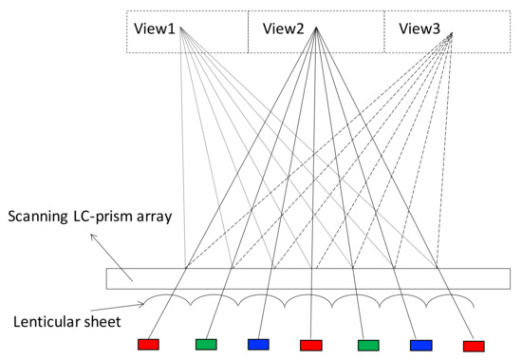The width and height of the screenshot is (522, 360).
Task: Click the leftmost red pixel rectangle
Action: (149, 344)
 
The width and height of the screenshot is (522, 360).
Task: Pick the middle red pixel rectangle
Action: (311, 345)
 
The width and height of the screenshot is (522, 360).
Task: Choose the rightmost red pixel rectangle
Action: (473, 346)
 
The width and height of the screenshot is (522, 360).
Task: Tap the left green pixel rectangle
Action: (206, 344)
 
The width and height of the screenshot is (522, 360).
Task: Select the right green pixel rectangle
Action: (368, 345)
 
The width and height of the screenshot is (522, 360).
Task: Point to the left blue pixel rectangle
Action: (257, 344)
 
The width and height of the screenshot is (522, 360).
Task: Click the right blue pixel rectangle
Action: (422, 345)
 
